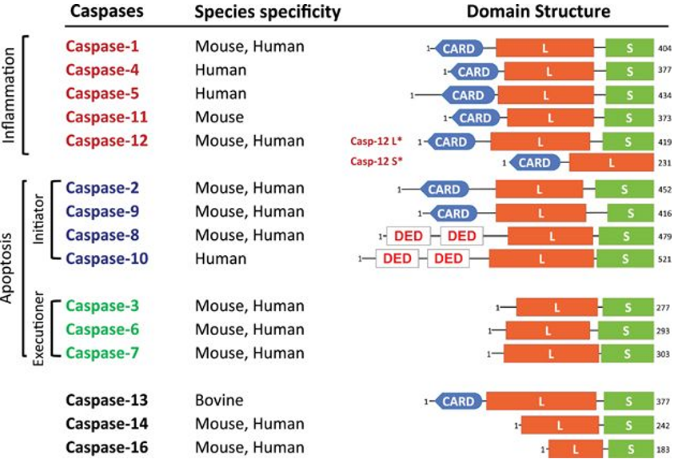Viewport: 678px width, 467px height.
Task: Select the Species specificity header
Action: tap(268, 12)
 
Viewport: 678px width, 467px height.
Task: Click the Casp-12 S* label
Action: tap(376, 162)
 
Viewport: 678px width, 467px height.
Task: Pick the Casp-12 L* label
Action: tap(376, 142)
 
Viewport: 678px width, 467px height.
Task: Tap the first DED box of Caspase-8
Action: tap(408, 236)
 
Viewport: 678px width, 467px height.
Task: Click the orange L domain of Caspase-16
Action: tap(574, 449)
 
